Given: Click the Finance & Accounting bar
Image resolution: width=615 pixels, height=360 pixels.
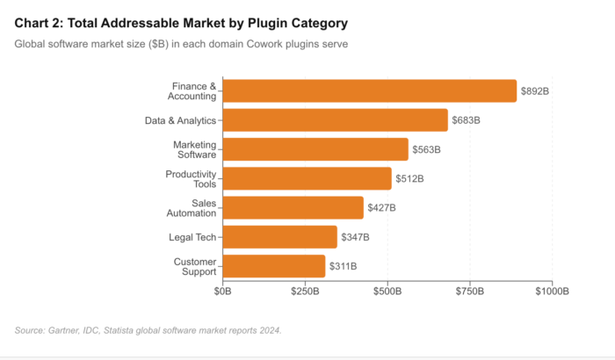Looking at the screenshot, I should tap(369, 90).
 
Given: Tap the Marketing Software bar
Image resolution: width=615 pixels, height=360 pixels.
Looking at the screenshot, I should tap(315, 149).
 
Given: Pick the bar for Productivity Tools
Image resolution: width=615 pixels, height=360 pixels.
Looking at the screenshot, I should tap(307, 178).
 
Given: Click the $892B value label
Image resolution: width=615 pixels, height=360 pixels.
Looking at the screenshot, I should tap(536, 90).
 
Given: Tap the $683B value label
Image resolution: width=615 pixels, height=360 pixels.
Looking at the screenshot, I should tap(467, 120).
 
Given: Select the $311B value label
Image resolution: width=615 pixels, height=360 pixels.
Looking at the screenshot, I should tap(344, 266).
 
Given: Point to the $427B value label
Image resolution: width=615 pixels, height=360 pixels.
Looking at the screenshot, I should tap(381, 207).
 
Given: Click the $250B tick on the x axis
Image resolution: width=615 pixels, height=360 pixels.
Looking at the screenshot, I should tap(305, 291).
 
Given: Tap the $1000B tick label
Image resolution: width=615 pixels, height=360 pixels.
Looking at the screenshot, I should tap(552, 291).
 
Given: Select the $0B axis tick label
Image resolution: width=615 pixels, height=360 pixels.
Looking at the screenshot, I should tap(223, 291).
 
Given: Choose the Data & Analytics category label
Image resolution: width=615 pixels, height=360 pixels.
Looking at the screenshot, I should tap(180, 120).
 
